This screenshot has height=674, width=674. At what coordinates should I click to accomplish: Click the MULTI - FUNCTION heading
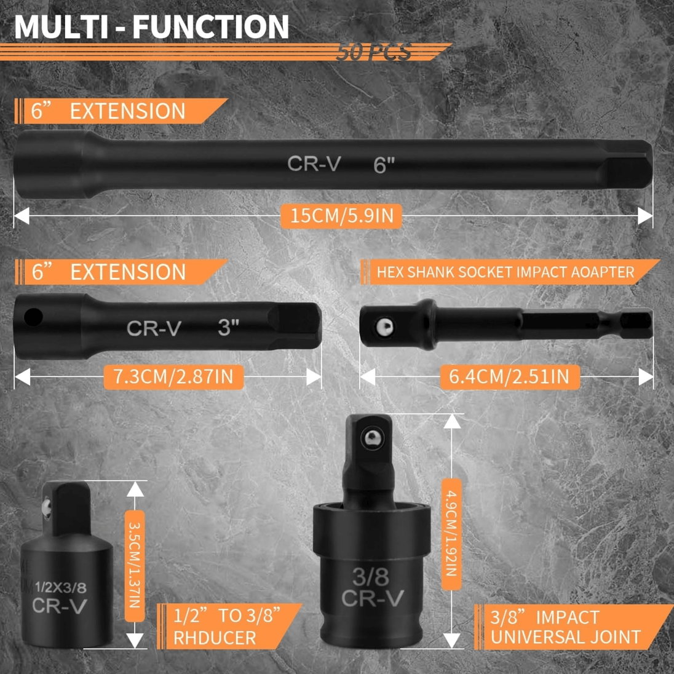151,26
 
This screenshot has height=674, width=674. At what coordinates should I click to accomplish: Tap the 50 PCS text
373,52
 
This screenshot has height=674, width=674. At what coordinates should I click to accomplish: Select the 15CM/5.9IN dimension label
341,216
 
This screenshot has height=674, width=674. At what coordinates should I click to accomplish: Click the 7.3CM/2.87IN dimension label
173,376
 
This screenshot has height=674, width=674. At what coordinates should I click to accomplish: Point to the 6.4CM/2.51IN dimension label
510,376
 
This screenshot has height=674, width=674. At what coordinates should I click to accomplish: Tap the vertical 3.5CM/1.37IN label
135,565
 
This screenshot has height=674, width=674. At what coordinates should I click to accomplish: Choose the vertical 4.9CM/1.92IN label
451,534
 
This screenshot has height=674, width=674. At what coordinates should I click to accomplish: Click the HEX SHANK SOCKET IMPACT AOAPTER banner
505,272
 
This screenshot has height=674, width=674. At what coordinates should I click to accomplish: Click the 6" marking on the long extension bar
384,165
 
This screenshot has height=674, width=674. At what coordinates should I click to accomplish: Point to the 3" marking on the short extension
228,328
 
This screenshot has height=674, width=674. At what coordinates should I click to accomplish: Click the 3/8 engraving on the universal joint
371,577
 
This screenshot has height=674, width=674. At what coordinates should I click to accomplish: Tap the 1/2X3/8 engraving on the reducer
61,587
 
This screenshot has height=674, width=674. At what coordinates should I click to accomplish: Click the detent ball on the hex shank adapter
384,327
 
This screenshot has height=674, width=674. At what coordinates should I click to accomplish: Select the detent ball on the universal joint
372,438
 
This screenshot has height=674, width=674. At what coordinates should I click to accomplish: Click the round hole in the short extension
33,317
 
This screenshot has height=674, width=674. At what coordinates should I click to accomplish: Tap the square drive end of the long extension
628,164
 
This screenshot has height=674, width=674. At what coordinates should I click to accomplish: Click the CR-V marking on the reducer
60,606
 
